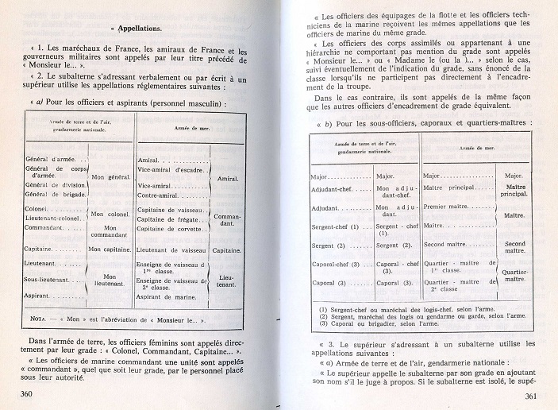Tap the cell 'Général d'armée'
49,159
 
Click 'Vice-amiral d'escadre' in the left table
171,169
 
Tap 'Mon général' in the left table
109,180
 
